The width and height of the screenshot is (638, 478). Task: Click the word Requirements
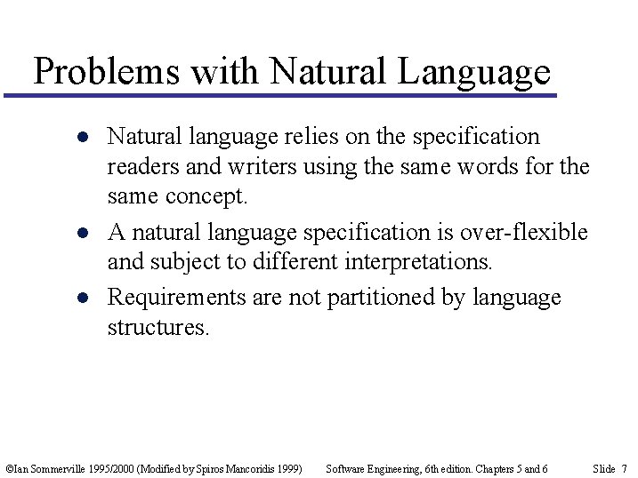click(176, 296)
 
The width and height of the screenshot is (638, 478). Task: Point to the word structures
click(158, 327)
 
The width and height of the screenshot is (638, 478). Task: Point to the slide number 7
click(624, 468)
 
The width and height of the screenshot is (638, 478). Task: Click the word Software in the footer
click(346, 468)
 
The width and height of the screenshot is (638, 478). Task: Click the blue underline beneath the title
click(279, 95)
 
